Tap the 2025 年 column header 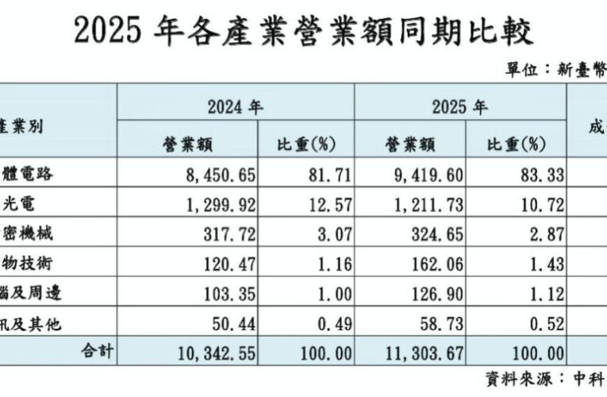tap(459, 104)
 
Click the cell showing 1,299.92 tap(213, 204)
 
